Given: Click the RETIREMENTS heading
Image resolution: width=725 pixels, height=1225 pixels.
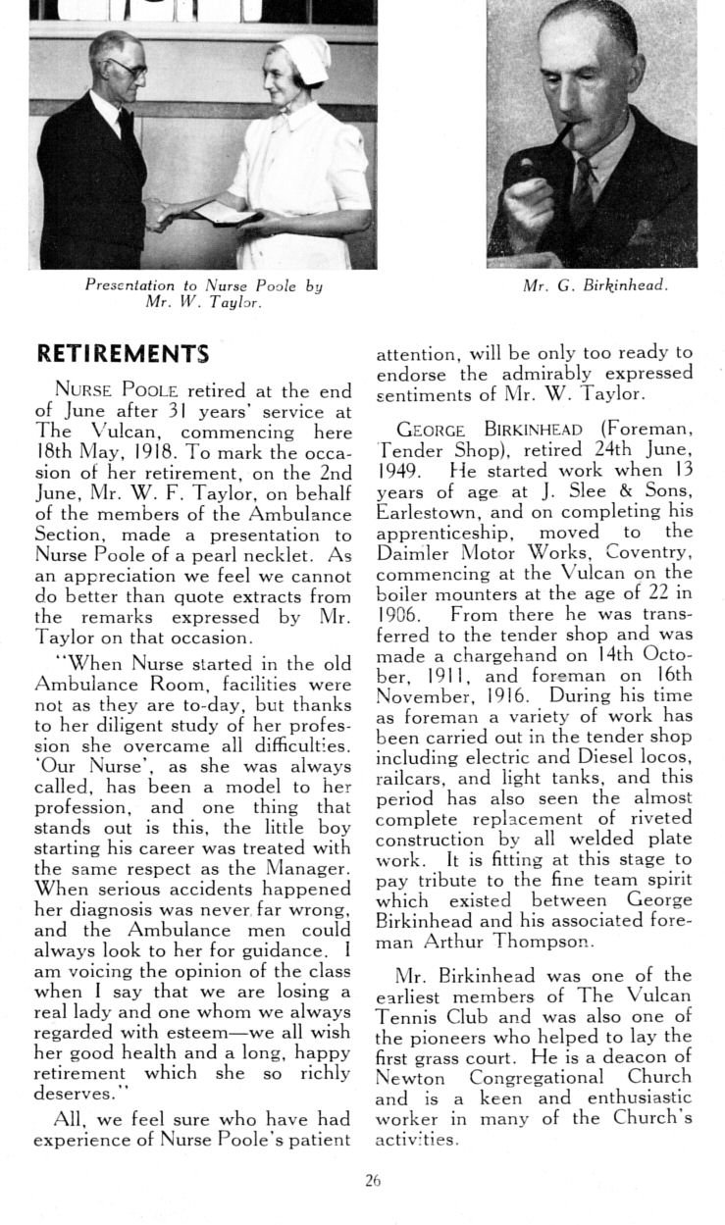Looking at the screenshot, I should pos(123,352).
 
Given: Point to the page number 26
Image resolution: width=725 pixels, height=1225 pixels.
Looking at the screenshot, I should pos(372,1182).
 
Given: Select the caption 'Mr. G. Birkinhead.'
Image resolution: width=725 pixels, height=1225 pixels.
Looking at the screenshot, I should pos(595,285).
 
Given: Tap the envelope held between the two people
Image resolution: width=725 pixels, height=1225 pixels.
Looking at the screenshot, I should pos(227,213).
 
